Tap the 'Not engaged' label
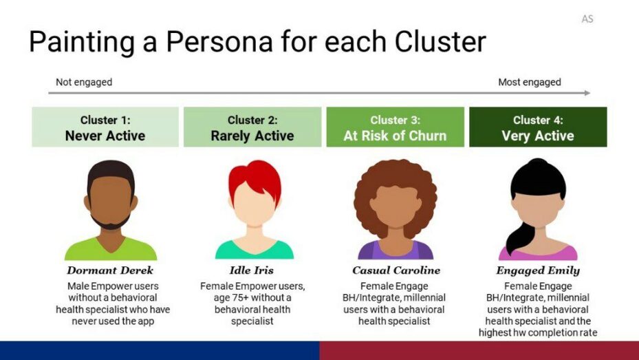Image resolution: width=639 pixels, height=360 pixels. [x=84, y=82]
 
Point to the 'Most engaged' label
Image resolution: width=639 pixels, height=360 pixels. [x=529, y=82]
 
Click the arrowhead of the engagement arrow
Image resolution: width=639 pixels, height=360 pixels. [x=586, y=93]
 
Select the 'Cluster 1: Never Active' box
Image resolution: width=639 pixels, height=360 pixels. [x=105, y=127]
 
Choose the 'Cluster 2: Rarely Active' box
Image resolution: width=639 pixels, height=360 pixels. [x=252, y=127]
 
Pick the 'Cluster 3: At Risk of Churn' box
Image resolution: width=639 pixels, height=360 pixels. [x=395, y=127]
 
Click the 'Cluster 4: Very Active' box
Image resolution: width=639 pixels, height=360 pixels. [x=538, y=127]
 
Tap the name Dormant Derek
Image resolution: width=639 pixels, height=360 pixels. [x=111, y=271]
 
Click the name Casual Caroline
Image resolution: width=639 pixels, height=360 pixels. [x=396, y=271]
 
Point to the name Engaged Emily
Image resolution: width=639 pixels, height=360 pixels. [x=538, y=271]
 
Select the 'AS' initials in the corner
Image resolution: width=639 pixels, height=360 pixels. [x=587, y=19]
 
